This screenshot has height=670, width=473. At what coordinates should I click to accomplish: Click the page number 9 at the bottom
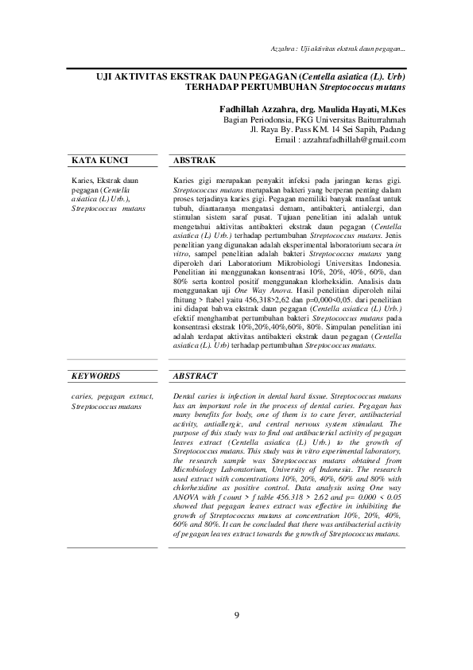[236, 615]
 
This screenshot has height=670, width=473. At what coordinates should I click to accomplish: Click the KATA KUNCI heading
[95, 161]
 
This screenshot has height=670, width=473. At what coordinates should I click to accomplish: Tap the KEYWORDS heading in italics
[95, 375]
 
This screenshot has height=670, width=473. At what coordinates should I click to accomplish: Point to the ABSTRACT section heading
[196, 375]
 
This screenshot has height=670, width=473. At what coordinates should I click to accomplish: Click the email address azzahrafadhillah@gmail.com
[351, 139]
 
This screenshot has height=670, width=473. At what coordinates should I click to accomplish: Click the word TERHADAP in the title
[213, 84]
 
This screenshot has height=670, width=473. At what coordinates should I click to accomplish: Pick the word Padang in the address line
[392, 128]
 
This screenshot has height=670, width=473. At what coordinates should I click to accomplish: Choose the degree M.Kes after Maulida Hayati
[393, 107]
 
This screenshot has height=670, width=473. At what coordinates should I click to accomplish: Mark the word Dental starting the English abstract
[184, 395]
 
